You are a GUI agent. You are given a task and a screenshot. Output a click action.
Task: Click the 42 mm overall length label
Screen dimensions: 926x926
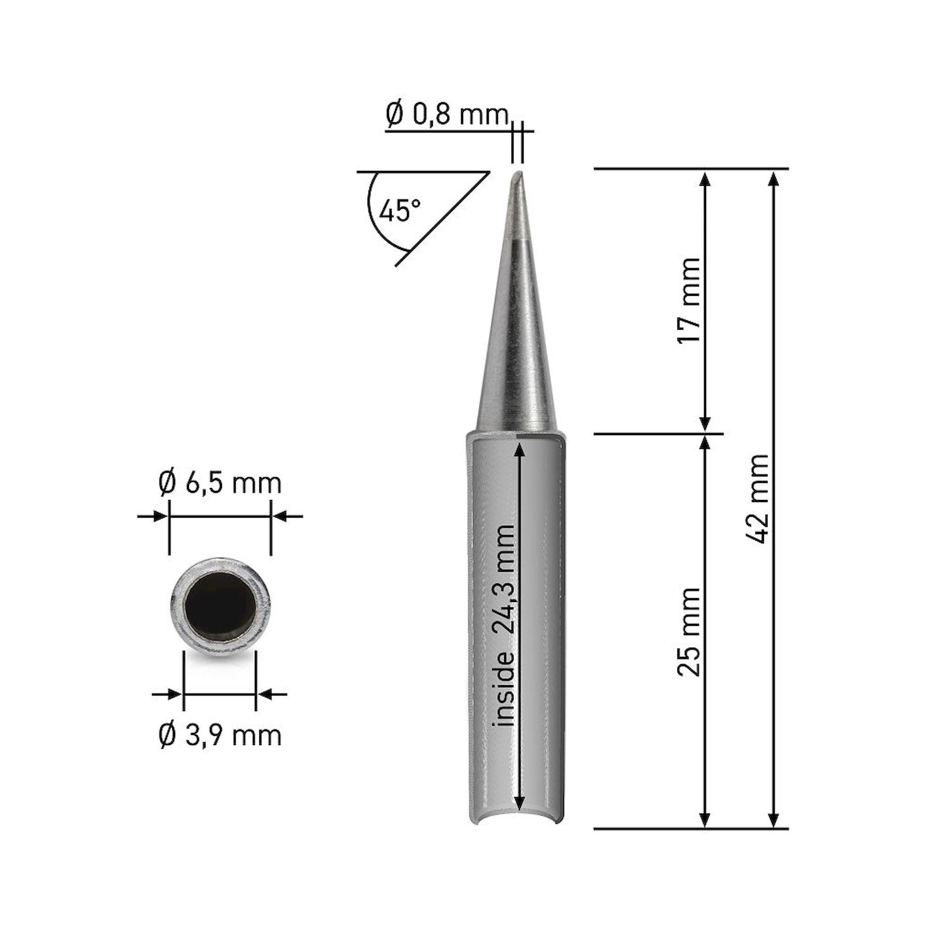click(x=758, y=499)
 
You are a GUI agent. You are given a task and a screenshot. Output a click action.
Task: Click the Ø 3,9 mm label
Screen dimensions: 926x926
click(x=220, y=736)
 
